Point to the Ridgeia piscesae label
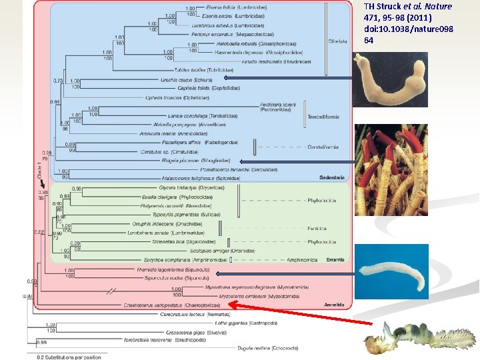click(x=195, y=161)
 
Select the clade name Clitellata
click(x=338, y=41)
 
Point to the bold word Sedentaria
click(x=331, y=178)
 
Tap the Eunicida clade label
click(x=316, y=228)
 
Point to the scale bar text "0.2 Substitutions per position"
click(x=69, y=357)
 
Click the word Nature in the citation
click(x=439, y=7)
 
